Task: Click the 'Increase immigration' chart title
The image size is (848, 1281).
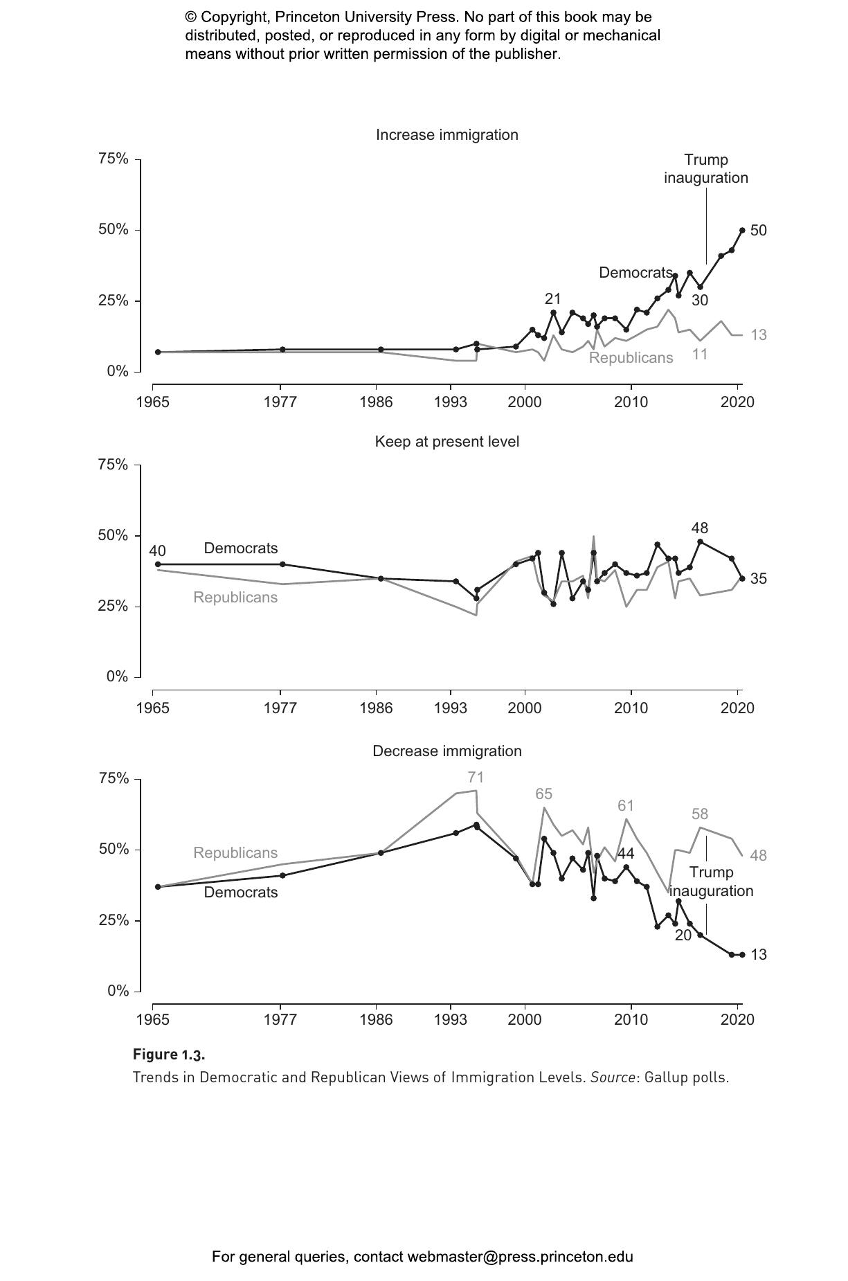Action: [446, 135]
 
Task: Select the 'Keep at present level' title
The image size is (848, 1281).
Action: [446, 442]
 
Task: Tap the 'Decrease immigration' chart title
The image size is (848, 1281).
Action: [446, 751]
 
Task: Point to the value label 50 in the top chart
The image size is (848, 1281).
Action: [759, 231]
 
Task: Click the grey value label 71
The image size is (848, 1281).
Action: [476, 778]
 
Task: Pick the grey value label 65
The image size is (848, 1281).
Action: [543, 794]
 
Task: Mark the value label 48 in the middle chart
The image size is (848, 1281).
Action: [699, 528]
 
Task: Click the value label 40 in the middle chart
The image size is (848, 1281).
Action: [157, 551]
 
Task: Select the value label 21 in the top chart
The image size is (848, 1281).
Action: [552, 299]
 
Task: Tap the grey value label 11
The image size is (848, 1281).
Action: [700, 354]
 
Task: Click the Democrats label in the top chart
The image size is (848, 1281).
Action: [635, 273]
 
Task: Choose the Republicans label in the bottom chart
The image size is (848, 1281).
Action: [235, 853]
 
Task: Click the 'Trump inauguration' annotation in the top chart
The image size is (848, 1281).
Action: [706, 169]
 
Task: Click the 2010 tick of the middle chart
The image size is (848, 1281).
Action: [631, 708]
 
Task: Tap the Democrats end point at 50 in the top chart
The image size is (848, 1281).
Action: [742, 230]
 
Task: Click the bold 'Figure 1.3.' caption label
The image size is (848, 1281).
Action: [169, 1055]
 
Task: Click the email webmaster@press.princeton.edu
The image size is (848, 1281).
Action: [520, 1257]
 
